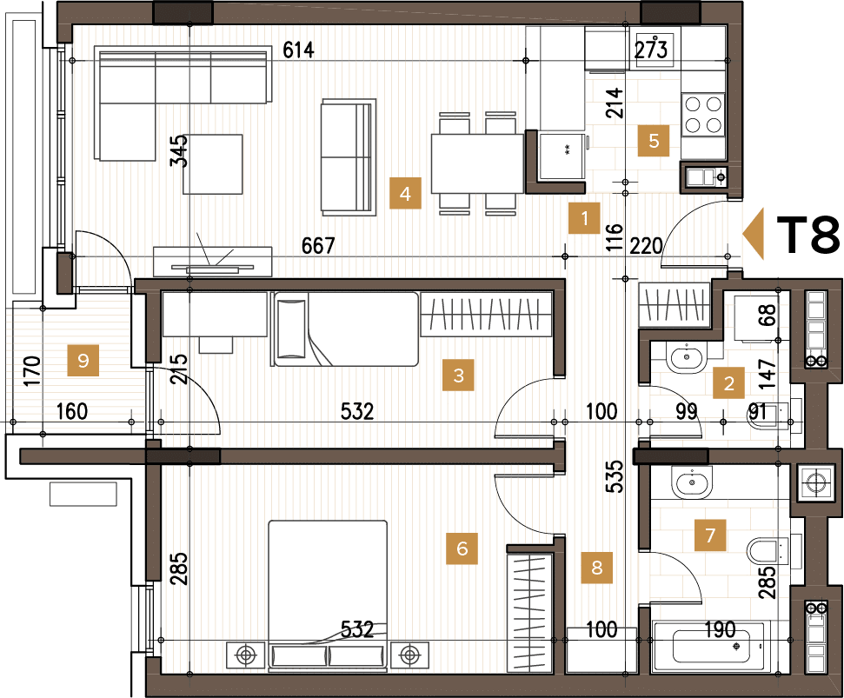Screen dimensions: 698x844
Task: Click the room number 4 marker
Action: pos(405,194)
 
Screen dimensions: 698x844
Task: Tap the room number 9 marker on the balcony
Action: pos(83,360)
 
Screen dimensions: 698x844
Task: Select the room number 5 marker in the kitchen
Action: pos(654,141)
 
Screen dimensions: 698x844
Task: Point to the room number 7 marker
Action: pos(710,535)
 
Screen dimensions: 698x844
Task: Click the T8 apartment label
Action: pos(807,235)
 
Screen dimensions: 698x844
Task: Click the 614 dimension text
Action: pos(297,50)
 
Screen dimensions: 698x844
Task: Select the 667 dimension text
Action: pos(318,246)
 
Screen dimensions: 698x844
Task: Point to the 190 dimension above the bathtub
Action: pos(720,630)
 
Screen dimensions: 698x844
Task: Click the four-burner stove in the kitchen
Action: pos(703,114)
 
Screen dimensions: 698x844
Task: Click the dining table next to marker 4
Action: pos(476,163)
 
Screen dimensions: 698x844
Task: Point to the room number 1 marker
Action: pos(585,219)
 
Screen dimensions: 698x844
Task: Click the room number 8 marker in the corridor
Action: pos(596,568)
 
